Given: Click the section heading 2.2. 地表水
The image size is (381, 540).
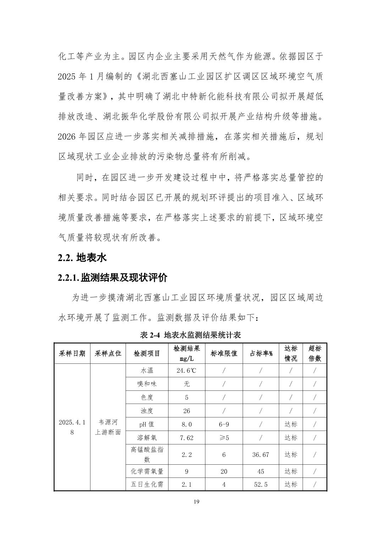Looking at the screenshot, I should [x=82, y=257].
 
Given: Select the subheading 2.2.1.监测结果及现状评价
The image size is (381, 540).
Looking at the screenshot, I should [x=112, y=277].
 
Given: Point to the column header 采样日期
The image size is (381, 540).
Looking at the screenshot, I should [x=72, y=353].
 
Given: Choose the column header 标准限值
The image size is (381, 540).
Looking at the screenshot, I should [x=224, y=353].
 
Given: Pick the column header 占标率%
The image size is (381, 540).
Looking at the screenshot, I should [x=261, y=353].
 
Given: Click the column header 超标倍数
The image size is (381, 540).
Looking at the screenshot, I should [x=315, y=353].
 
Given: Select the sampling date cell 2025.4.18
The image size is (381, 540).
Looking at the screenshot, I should [x=72, y=427].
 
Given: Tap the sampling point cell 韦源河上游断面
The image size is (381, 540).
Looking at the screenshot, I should [x=108, y=427].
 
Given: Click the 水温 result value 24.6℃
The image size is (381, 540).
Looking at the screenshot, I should [x=187, y=371].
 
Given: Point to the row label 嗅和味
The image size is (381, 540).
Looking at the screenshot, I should [x=147, y=384].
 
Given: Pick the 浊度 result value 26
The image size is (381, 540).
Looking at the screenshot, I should [x=187, y=411].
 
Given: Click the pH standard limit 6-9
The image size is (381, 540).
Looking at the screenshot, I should [x=224, y=424].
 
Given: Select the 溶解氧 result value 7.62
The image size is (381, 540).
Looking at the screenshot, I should [x=187, y=438].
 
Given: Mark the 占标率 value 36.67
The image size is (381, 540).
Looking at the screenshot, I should [x=261, y=454].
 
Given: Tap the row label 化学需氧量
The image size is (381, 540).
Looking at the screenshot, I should [x=147, y=471].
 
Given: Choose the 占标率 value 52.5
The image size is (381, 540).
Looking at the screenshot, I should [x=261, y=484].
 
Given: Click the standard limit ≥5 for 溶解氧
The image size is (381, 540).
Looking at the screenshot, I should [x=224, y=438].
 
